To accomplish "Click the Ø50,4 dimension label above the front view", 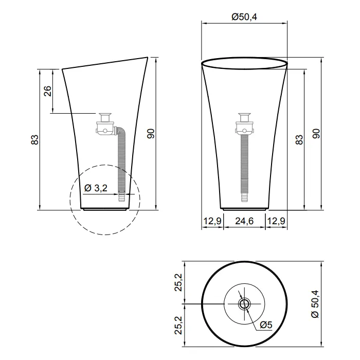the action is [x=244, y=17].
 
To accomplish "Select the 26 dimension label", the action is [x=47, y=91].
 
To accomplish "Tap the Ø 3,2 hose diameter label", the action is [x=96, y=188].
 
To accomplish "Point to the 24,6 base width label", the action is [x=244, y=221].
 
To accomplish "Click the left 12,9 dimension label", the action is [x=212, y=221].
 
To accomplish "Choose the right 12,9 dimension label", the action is [x=276, y=221].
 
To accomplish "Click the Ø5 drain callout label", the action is [x=266, y=325].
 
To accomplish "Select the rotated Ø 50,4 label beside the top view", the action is [x=315, y=304].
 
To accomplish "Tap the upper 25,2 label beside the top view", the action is [x=178, y=282].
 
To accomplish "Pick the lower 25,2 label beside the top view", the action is [x=178, y=325].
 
